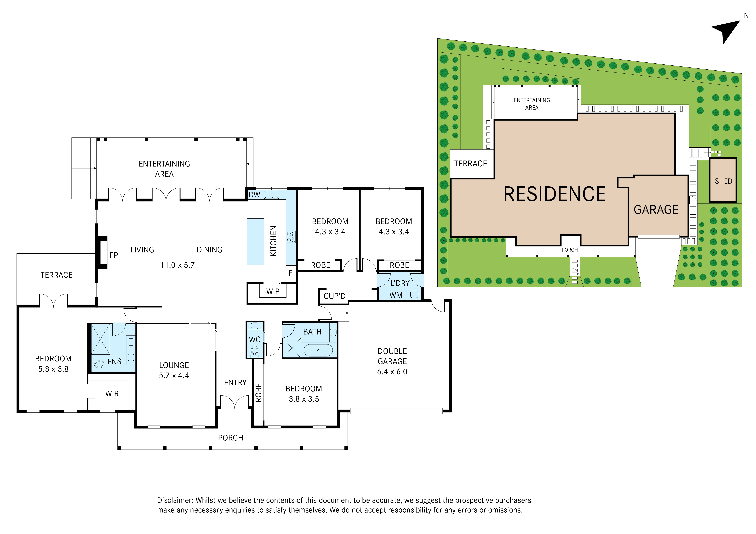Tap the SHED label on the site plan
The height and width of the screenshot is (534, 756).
click(x=723, y=181)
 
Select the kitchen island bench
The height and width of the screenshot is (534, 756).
click(x=256, y=241)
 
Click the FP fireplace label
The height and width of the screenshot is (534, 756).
click(x=114, y=255)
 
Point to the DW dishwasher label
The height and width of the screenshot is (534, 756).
click(x=254, y=195)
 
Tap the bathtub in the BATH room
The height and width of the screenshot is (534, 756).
click(x=318, y=350)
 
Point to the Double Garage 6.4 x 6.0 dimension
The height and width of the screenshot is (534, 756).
click(x=392, y=372)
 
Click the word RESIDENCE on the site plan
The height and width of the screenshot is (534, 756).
click(x=555, y=194)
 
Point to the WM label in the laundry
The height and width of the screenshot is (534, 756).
click(x=396, y=295)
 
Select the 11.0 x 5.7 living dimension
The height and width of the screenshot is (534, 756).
click(x=178, y=265)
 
